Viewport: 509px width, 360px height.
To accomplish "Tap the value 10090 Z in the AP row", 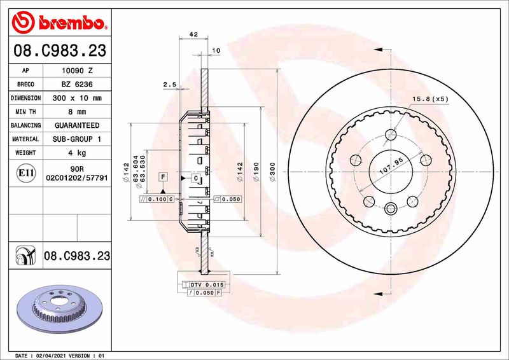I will click(77, 71).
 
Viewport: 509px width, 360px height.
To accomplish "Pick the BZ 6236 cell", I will click(77, 85).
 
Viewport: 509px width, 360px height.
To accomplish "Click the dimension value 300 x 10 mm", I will click(77, 98).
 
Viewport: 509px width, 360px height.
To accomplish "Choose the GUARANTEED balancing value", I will click(77, 125).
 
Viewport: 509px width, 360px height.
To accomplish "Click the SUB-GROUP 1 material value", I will click(77, 139).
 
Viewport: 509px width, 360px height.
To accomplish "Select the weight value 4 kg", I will click(77, 153).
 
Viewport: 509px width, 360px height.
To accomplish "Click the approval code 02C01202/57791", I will click(77, 180).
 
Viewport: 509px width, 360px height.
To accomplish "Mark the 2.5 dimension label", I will click(169, 85).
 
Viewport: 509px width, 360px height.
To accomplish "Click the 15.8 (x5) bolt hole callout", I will click(430, 99).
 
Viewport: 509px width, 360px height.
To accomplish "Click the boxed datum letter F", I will click(163, 176).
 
